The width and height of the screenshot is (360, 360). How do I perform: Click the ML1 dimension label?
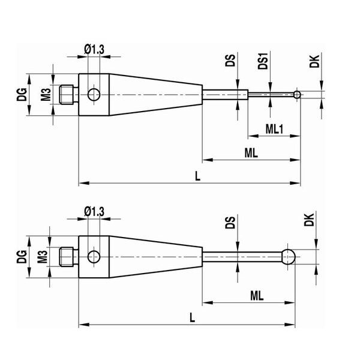tap(274, 129)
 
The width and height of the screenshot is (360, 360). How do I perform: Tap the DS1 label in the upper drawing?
tap(263, 61)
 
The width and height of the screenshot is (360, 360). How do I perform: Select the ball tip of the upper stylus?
tap(297, 94)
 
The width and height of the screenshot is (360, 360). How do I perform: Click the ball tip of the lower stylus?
tap(289, 257)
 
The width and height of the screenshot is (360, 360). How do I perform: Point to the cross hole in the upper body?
tap(94, 95)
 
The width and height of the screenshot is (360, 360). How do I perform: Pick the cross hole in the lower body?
tap(94, 257)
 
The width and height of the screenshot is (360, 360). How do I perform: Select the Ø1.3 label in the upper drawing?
tap(94, 49)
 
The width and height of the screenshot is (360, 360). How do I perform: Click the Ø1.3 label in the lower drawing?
tap(94, 212)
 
